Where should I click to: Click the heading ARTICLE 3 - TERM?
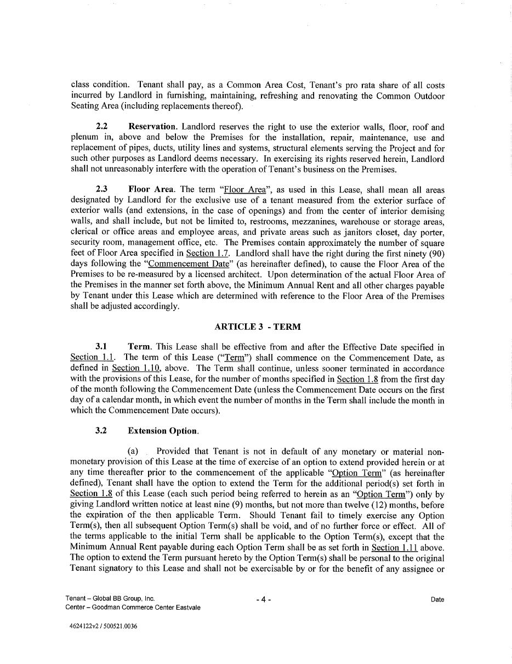pyautogui.click(x=257, y=327)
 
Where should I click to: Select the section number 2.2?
pyautogui.click(x=101, y=127)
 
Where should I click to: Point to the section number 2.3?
pyautogui.click(x=101, y=189)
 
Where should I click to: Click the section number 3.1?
pyautogui.click(x=101, y=347)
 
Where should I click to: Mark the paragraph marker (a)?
pyautogui.click(x=133, y=452)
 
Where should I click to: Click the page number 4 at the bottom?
pyautogui.click(x=263, y=600)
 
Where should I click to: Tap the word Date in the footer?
pyautogui.click(x=437, y=600)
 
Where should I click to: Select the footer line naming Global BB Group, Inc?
pyautogui.click(x=110, y=599)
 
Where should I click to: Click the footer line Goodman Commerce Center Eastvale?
pyautogui.click(x=133, y=607)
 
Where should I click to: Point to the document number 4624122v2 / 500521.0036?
pyautogui.click(x=104, y=626)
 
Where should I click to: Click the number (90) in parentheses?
pyautogui.click(x=434, y=253)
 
